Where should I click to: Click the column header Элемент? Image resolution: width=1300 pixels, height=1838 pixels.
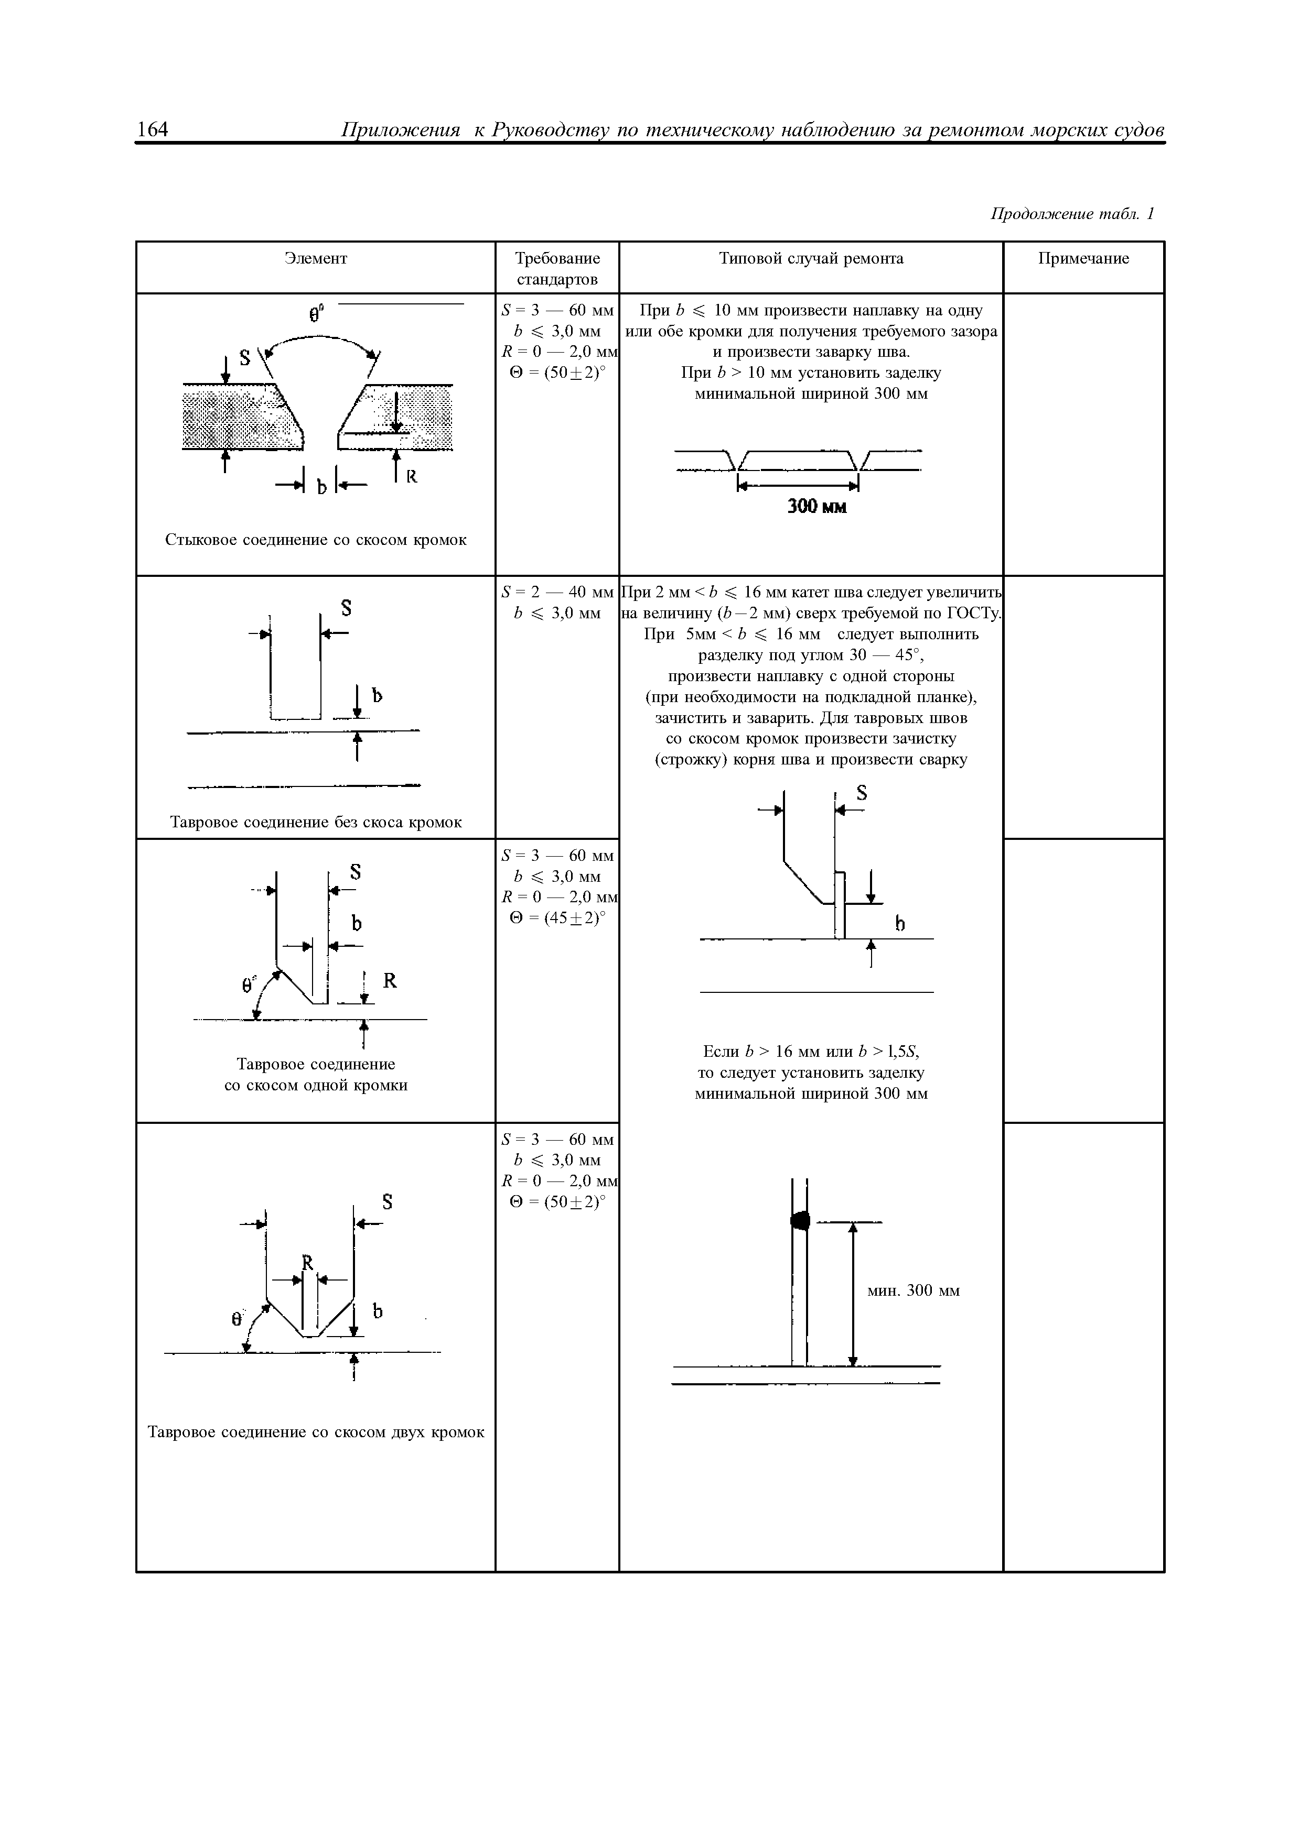[316, 259]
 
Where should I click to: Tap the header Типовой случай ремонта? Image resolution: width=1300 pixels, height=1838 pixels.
[811, 259]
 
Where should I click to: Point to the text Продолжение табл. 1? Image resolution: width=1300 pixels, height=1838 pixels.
[1072, 214]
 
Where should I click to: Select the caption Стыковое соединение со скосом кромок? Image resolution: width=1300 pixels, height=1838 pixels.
[316, 540]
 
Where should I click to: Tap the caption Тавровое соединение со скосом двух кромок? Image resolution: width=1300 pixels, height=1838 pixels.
[316, 1432]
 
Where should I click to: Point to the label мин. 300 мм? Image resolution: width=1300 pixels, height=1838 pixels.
[913, 1291]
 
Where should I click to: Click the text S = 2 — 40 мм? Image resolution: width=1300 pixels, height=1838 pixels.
[557, 593]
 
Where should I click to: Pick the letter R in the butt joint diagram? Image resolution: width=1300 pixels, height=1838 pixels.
[413, 477]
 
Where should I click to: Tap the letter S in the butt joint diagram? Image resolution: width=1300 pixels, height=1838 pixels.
[244, 358]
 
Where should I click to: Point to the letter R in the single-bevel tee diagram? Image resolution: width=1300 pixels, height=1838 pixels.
[390, 981]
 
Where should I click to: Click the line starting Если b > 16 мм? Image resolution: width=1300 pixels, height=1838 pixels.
[811, 1051]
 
